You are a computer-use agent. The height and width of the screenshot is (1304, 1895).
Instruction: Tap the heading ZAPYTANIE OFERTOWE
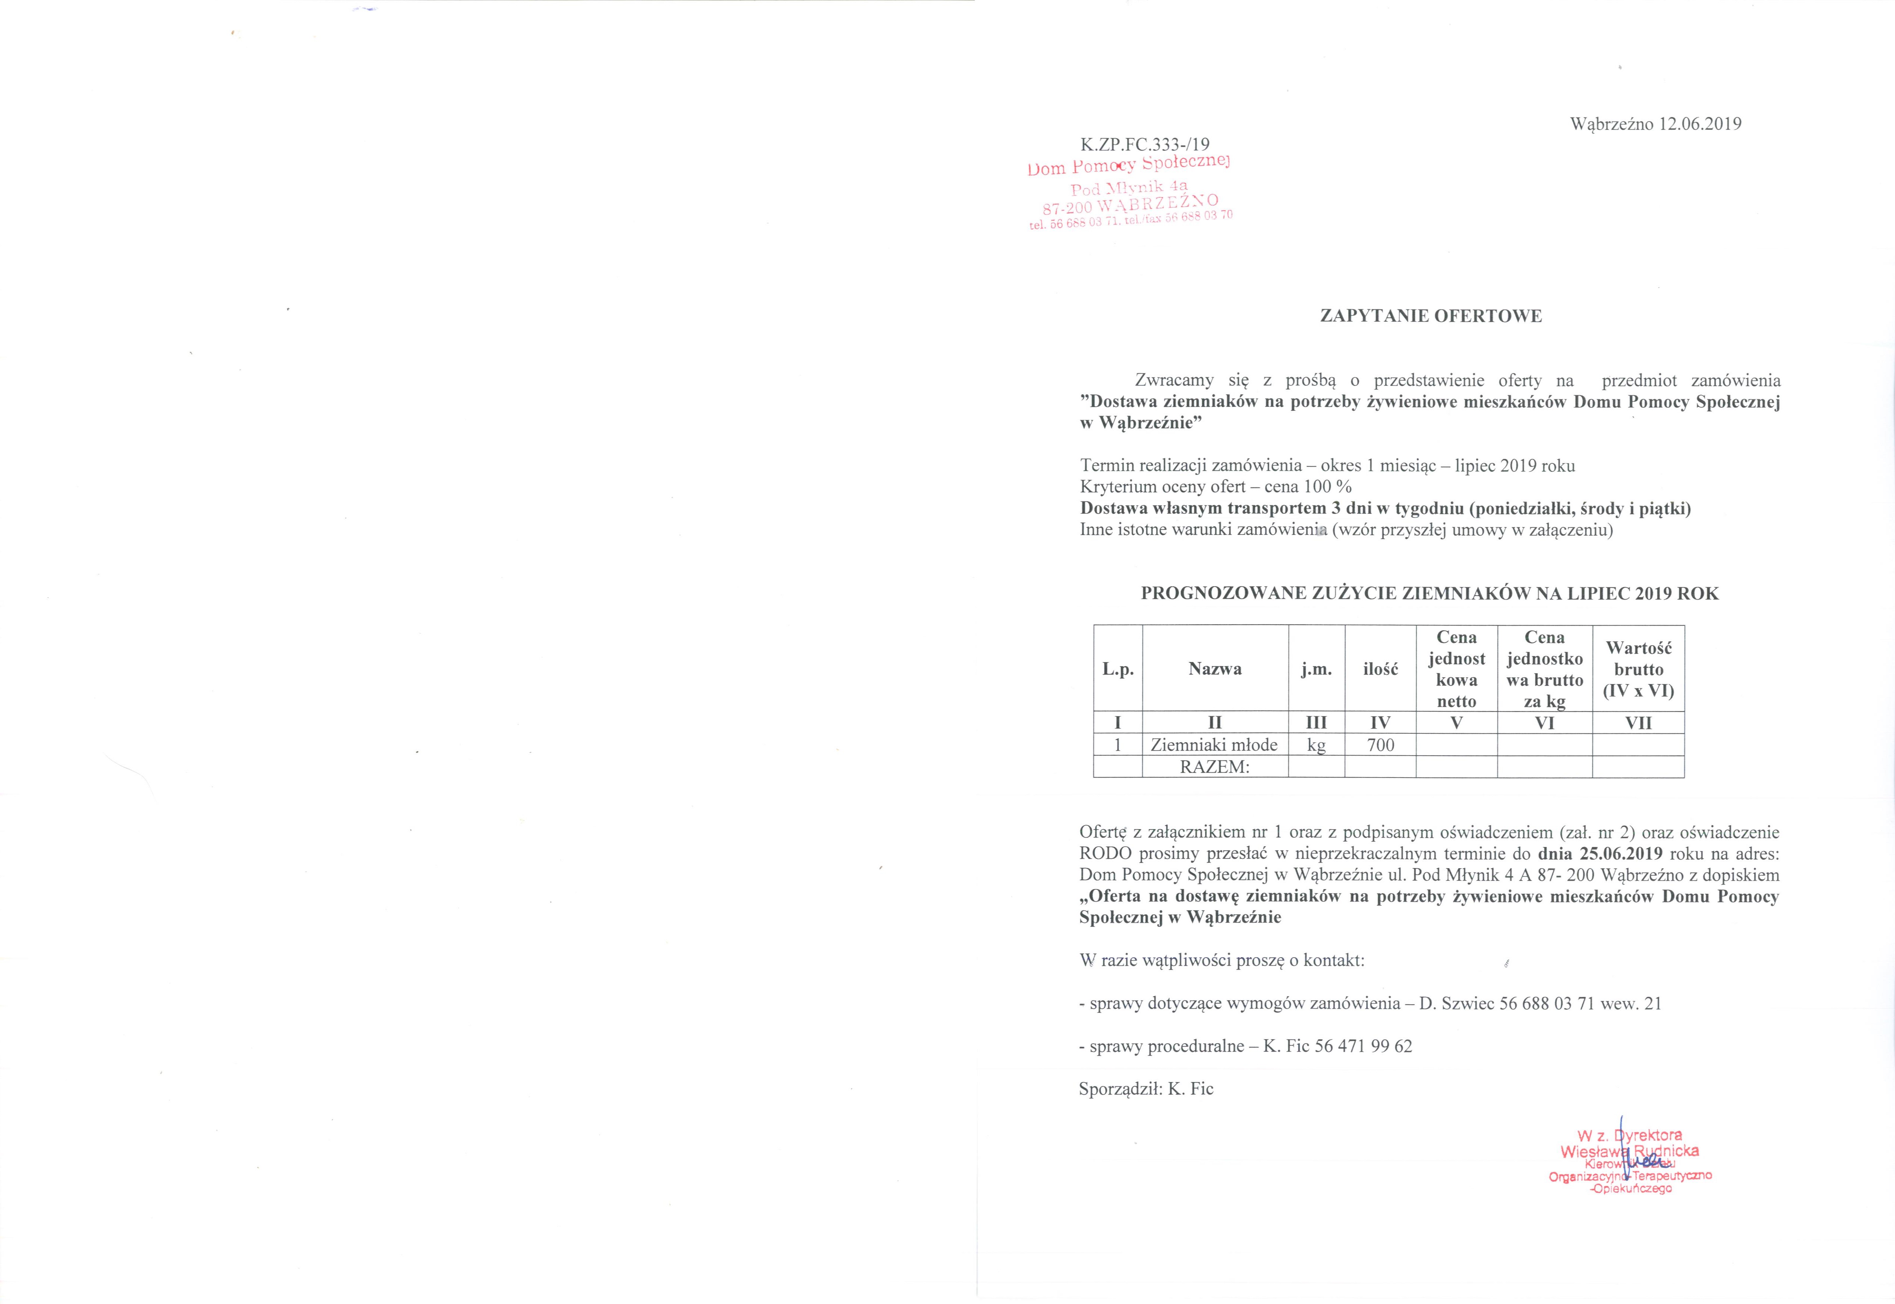point(1431,316)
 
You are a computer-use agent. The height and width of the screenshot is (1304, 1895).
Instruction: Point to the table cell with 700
point(1380,745)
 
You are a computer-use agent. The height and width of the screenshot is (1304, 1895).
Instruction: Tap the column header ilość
point(1380,668)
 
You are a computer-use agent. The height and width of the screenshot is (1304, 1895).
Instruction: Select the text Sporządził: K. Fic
point(1146,1088)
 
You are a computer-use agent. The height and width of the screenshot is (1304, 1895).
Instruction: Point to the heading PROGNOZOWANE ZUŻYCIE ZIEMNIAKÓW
point(1429,593)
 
